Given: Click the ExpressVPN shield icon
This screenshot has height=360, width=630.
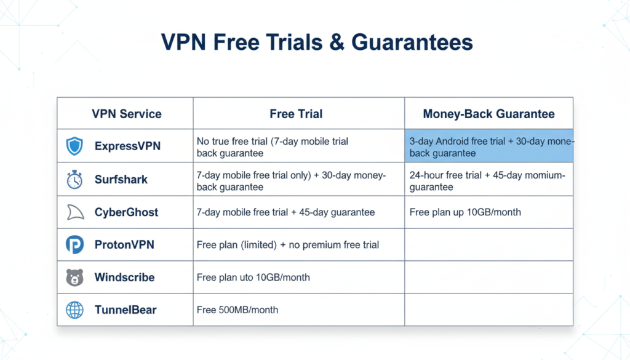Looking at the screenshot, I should click(x=74, y=146).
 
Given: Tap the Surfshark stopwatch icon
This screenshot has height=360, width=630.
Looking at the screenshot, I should click(x=74, y=180).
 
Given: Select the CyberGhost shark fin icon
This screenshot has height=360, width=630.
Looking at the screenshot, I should click(x=74, y=212).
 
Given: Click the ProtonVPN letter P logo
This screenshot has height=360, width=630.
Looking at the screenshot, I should click(x=74, y=244).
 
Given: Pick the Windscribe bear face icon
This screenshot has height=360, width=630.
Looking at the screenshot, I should click(x=74, y=277).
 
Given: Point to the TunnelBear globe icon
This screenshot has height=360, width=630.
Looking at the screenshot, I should click(x=74, y=310).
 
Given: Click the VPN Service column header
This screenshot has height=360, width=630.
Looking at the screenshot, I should click(x=126, y=114).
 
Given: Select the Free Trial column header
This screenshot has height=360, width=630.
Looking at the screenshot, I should click(x=296, y=114).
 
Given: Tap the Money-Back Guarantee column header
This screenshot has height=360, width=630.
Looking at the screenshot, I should click(x=488, y=114).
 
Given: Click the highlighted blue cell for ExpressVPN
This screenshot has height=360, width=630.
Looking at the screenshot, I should click(x=488, y=146).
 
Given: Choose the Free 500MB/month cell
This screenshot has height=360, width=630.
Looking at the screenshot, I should click(x=237, y=310).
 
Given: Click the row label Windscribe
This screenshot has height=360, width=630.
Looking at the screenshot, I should click(x=124, y=277).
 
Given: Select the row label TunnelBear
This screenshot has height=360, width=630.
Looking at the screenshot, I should click(x=126, y=310).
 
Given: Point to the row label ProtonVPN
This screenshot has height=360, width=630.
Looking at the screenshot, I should click(x=124, y=244).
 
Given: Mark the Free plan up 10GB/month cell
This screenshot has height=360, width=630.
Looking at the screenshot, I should click(x=465, y=212).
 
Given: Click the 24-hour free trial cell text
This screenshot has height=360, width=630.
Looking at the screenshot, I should click(x=487, y=180).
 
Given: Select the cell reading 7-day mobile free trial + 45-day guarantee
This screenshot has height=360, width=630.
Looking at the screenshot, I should click(x=285, y=212).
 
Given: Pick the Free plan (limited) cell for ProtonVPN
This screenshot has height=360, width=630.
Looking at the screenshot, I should click(x=288, y=245).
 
